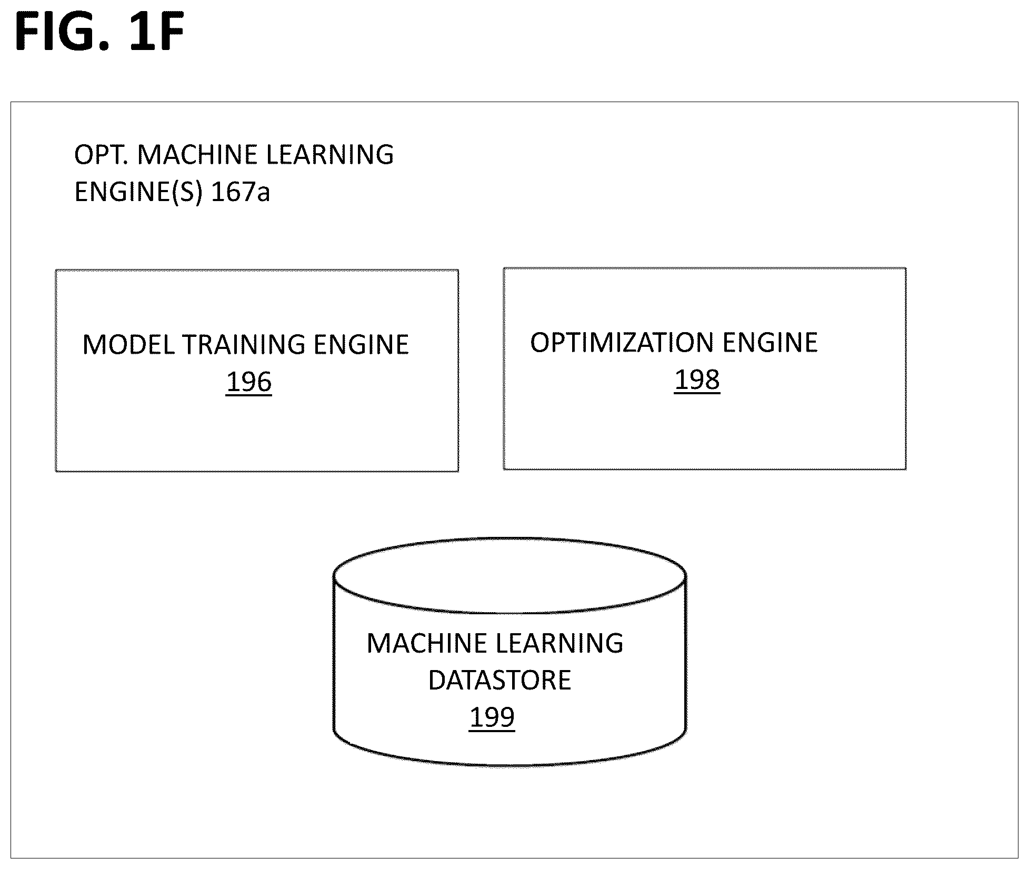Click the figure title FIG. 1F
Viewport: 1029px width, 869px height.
tap(100, 32)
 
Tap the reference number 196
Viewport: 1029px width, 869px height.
tap(249, 382)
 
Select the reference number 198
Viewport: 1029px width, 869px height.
tap(697, 380)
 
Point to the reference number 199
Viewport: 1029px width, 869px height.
tap(492, 717)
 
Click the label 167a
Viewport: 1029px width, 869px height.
tap(241, 192)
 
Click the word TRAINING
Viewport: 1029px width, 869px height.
tap(244, 345)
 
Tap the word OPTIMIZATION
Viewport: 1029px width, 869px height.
tap(622, 343)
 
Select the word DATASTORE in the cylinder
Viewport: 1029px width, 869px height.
tap(499, 680)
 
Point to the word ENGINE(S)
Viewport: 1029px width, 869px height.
tap(139, 192)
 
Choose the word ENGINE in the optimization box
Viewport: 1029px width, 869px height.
tap(770, 343)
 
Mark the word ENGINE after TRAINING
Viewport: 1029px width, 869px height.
tap(362, 345)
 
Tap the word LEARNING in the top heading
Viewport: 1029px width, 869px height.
tap(330, 155)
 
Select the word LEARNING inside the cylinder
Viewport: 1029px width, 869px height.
tap(560, 644)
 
